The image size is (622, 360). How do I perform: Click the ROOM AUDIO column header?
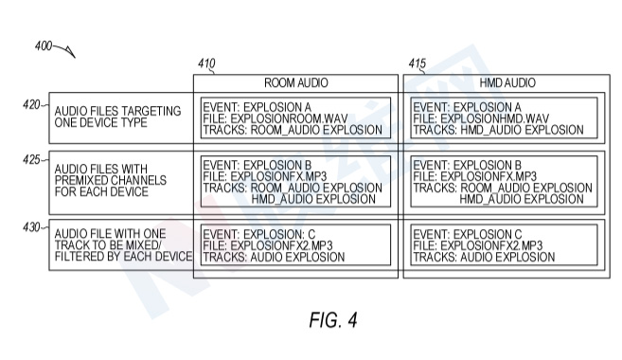point(296,83)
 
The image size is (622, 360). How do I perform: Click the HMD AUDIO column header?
point(507,83)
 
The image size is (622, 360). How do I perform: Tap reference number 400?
point(44,46)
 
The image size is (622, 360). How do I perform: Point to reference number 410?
point(206,63)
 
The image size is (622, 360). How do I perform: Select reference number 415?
point(418,63)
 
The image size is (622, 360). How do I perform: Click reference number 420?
point(31,105)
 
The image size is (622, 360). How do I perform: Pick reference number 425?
point(31,160)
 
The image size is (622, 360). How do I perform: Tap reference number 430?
point(31,227)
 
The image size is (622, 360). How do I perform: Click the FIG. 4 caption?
point(333,320)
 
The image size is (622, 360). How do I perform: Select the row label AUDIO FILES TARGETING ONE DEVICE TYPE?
point(117,117)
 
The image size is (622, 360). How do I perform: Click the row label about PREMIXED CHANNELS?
point(111,180)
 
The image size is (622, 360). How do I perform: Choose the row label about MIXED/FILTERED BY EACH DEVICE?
point(123,245)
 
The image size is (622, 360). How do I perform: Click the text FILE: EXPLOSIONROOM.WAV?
point(275,118)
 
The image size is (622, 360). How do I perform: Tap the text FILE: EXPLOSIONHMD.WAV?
point(481,118)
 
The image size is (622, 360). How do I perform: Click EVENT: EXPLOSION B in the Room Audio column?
point(258,165)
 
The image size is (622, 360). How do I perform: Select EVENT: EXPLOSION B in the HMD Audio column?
point(468,165)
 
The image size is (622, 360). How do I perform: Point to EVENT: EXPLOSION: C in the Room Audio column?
point(259,234)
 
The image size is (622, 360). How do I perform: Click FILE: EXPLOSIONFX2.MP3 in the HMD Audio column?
point(478,245)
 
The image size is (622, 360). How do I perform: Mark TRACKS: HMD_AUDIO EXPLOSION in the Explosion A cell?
point(499,130)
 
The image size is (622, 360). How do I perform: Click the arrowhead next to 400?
point(72,53)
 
